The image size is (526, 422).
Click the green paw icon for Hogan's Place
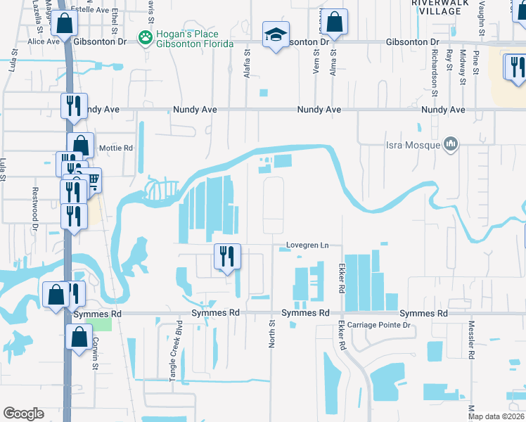146,38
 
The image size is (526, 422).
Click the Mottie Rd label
117,148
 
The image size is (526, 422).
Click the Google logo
23,414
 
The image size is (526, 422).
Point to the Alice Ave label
44,41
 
